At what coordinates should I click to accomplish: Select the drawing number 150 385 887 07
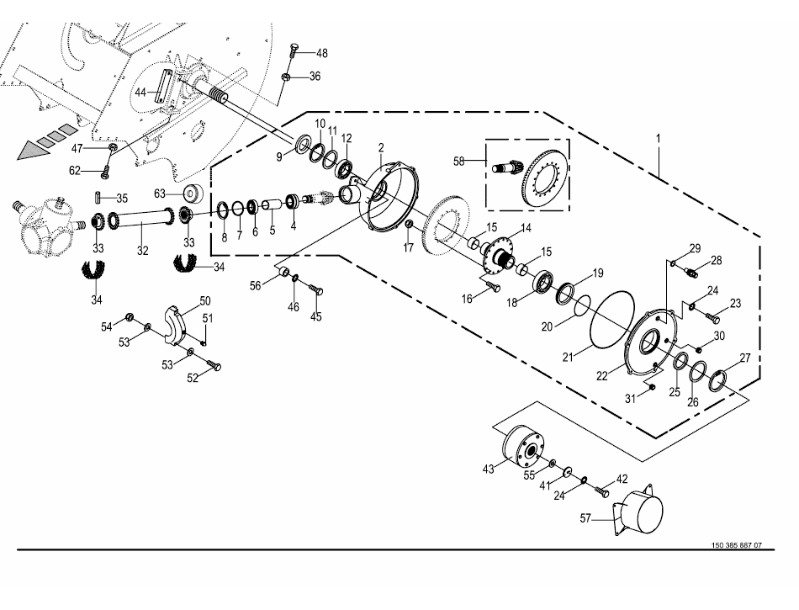736,545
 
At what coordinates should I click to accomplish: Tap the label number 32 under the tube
143,250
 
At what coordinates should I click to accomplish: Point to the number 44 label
140,92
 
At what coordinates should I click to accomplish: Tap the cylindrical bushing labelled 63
191,194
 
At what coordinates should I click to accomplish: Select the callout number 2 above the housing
380,148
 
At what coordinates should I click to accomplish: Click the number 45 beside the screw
316,316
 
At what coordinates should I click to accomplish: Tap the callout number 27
744,358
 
